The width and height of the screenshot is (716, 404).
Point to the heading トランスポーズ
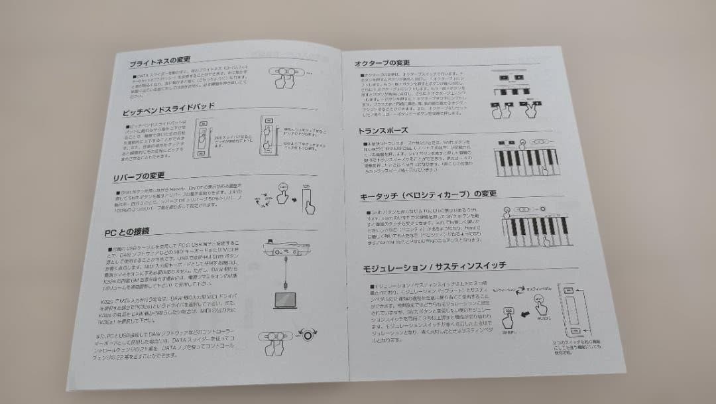click(x=383, y=131)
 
